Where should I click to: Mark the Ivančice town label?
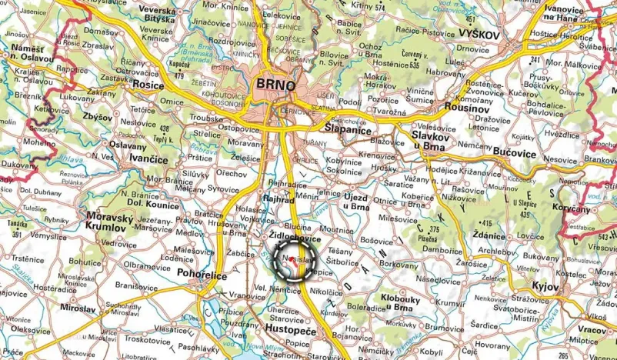pos(150,159)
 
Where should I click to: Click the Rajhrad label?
pos(279,198)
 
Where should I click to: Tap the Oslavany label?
pos(128,144)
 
